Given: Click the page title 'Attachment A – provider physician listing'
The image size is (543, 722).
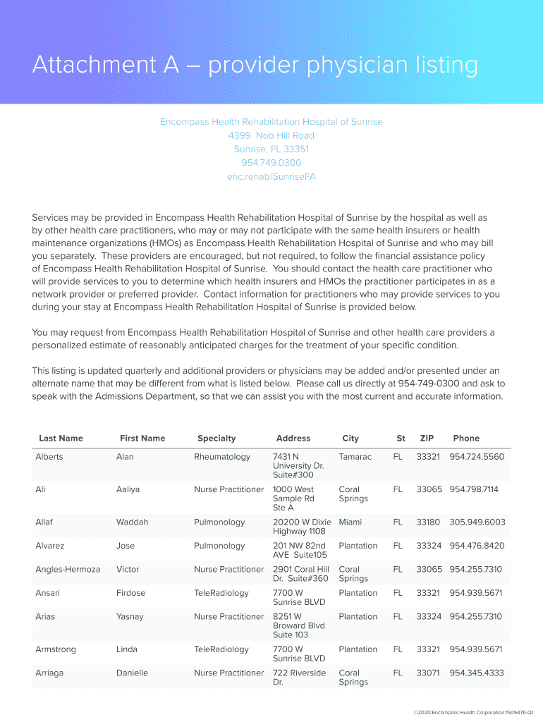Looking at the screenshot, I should pos(255,66).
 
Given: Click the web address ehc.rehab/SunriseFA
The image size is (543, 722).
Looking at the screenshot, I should pos(271,176).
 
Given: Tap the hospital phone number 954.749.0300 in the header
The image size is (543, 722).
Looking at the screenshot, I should pos(271,163).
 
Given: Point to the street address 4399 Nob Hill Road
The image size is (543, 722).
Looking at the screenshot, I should pos(271,135).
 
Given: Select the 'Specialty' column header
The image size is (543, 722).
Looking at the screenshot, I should pos(216,439).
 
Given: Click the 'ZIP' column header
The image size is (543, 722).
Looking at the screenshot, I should pos(427,439).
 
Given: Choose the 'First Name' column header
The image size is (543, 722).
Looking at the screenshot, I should pos(142,439).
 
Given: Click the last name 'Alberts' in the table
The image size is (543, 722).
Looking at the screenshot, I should pos(49,457).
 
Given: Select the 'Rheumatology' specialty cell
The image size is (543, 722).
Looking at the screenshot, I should pos(222,457).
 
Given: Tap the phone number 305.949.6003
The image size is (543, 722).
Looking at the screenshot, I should pos(477,522).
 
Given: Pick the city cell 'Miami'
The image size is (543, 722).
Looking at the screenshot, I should pos(351,522).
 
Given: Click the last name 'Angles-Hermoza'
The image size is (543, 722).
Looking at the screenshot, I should pos(68,569).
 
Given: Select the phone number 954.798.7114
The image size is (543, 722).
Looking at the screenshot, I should pos(474,489).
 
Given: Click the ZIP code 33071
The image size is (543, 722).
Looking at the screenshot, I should pos(427,673).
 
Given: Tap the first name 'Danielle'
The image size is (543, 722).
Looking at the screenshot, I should pos(132,673).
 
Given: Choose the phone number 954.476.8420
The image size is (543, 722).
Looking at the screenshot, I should pos(477,546).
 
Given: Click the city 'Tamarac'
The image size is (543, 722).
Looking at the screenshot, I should pos(355,457).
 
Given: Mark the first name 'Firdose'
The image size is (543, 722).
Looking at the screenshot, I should pos(130,593).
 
